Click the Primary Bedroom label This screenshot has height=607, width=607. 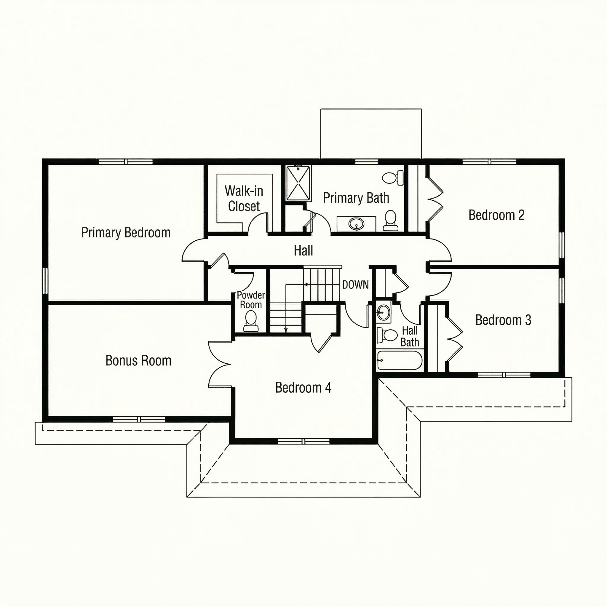coord(126,233)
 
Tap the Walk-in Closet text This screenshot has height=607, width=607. coord(244,199)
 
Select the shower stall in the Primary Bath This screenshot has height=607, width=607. coord(298,183)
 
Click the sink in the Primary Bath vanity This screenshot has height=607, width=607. coord(356,224)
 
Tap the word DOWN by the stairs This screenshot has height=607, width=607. coord(355,285)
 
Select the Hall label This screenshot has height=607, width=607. coord(303,251)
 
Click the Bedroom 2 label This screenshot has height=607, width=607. coord(496,215)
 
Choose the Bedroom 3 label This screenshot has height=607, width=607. coord(503,320)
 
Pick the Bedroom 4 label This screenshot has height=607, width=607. coord(303,388)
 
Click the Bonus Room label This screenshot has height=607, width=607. coord(138,361)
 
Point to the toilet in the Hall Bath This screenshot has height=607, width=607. coord(388,335)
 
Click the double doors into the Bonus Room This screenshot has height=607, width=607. coord(219,364)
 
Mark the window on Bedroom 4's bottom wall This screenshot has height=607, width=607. coord(303,441)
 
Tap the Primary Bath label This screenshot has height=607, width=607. coord(356,198)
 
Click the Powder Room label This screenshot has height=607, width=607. coord(251,300)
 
